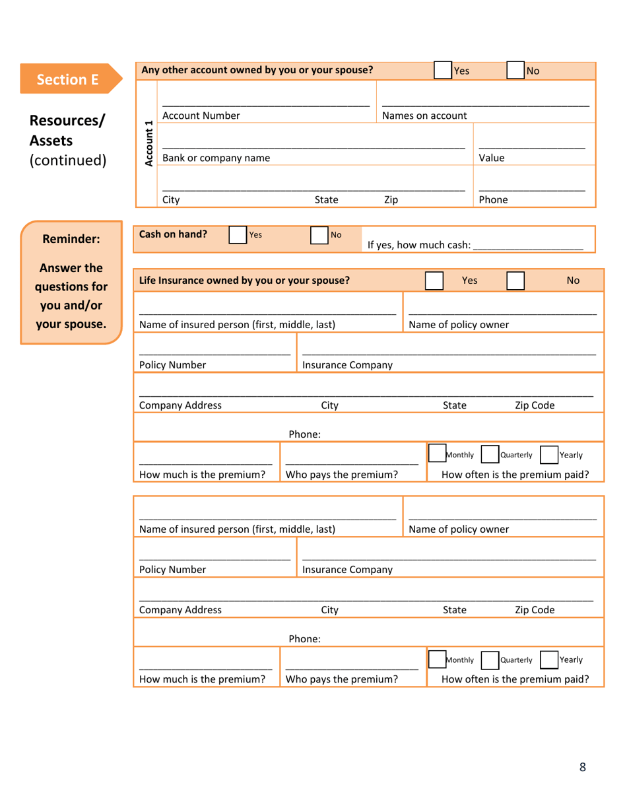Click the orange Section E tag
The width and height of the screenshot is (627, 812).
[68, 80]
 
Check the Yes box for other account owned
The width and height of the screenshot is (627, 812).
[443, 71]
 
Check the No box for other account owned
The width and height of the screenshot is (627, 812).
[515, 71]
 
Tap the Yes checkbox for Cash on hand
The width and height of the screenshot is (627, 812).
[237, 235]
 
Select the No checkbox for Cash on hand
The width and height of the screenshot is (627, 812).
[319, 235]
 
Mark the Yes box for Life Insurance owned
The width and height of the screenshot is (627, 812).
[434, 280]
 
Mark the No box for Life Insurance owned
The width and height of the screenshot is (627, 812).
[515, 280]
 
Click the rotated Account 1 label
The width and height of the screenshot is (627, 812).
[149, 144]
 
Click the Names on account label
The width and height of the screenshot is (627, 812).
[424, 116]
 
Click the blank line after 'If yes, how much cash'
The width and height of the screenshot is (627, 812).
[528, 244]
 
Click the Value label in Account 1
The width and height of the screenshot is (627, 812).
[491, 158]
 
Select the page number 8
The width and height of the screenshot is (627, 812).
[582, 766]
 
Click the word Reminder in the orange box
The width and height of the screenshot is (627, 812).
[71, 240]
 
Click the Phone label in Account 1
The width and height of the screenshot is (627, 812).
[493, 200]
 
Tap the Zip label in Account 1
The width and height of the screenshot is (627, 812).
[391, 200]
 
